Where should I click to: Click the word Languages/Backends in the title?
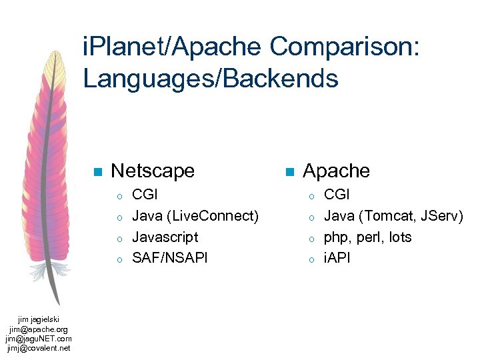[211, 79]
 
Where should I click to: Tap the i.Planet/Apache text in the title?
[173, 47]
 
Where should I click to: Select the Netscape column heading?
[153, 171]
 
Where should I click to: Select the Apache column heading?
[336, 171]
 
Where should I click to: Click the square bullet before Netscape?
[97, 172]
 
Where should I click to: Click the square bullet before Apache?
[289, 172]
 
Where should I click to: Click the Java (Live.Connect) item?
[195, 216]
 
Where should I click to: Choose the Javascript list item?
[165, 237]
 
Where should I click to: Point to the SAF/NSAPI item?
[170, 258]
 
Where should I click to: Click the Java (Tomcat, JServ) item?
[393, 216]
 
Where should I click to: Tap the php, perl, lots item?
[367, 237]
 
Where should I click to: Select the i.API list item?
[337, 258]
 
